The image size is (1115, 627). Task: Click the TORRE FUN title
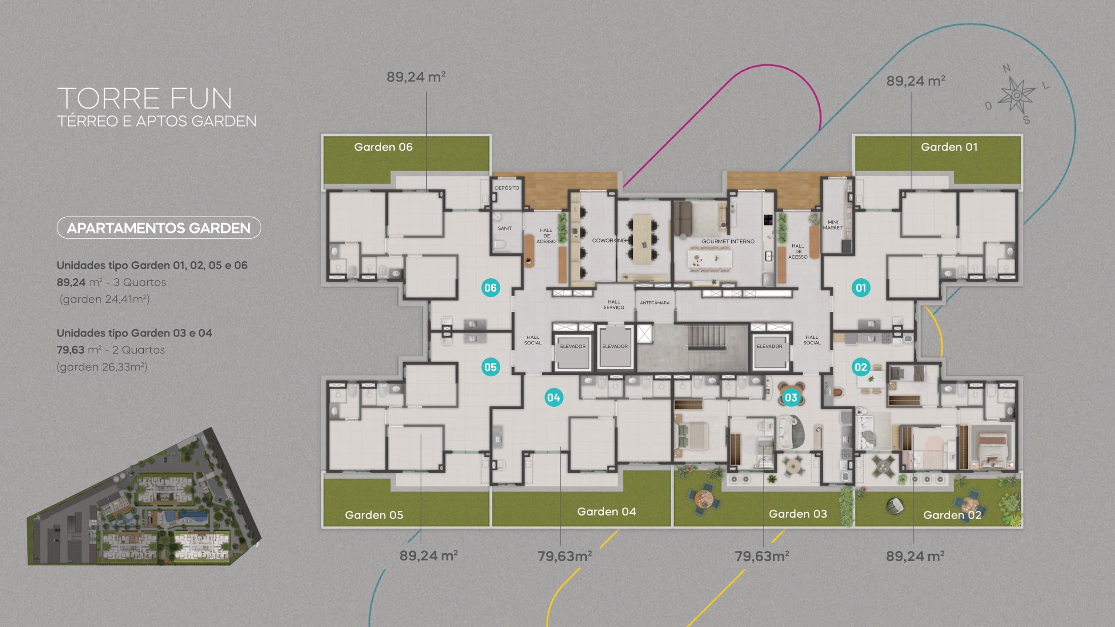pos(145,98)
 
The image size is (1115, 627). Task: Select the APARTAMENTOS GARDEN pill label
pos(159,228)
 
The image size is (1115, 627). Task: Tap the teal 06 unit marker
pos(490,288)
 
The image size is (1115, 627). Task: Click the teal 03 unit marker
pos(791,398)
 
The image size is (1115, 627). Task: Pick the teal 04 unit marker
pos(554,398)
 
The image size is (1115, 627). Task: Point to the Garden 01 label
pos(949,147)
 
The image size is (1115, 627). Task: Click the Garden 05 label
pos(374,515)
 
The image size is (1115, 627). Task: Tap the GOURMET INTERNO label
pos(728,241)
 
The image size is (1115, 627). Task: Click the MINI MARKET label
pos(833,225)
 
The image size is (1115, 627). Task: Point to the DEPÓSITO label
pos(507,188)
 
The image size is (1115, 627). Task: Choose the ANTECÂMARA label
pos(655,303)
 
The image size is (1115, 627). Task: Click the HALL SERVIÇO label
pos(614,304)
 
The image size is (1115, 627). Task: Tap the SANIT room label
pos(505,228)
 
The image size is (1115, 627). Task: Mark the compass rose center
pos(1017,95)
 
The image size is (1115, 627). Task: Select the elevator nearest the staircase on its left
pos(615,347)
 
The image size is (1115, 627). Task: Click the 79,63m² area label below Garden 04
pos(564,556)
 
